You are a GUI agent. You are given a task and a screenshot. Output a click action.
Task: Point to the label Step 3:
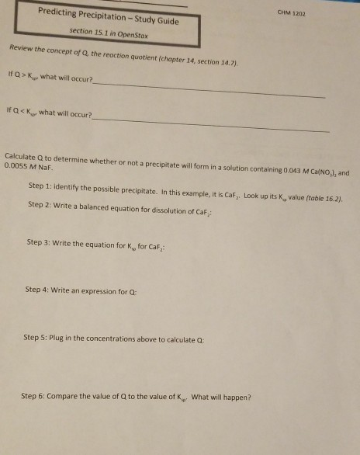[40, 243]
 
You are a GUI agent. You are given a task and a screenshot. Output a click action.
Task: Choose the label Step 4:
[38, 290]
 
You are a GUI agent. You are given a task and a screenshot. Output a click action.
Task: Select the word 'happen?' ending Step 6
[234, 398]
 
